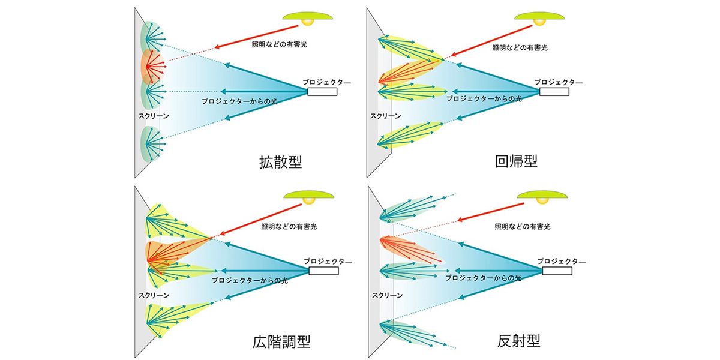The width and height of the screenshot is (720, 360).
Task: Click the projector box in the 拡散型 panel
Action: [323, 91]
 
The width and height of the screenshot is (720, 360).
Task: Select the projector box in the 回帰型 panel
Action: [554, 91]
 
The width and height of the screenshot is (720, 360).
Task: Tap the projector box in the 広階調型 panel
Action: [323, 271]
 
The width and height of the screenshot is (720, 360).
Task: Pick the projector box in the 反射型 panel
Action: [557, 271]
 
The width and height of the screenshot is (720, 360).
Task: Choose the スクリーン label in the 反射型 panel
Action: [387, 295]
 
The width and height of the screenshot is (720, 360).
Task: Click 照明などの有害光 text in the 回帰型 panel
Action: [520, 47]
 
